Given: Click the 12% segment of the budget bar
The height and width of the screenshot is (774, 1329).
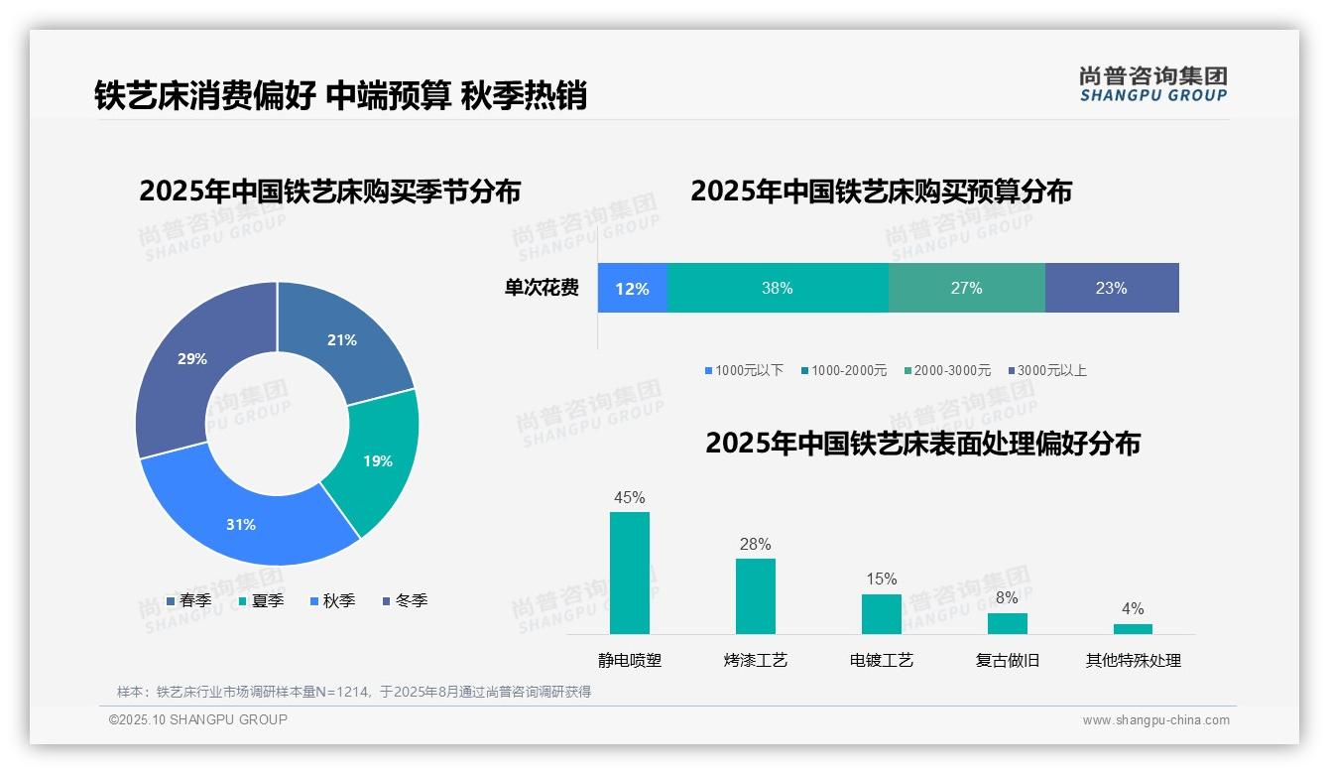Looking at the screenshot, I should coord(633,289).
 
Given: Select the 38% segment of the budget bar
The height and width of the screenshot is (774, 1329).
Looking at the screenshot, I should coord(778,289).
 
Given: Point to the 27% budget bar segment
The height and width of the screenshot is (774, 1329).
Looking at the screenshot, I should coord(966,289).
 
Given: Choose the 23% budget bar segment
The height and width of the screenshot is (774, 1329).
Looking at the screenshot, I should coord(1111,289).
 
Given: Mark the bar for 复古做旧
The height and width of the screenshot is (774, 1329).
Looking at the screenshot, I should coord(1007,623).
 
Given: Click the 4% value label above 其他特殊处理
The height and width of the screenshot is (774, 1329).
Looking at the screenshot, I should coord(1133,608).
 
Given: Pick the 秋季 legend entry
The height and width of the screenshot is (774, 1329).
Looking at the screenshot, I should coord(333,600).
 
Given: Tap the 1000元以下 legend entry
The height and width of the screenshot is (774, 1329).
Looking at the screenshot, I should coord(744,370).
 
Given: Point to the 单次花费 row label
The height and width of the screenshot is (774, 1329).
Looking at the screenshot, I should coord(542,289).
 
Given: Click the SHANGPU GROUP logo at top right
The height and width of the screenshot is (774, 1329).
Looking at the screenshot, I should coord(1153,84).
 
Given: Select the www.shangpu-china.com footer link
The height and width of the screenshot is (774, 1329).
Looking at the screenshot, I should coord(1155,720).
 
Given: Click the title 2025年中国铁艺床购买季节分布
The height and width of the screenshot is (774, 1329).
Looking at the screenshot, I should coord(330,191).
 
